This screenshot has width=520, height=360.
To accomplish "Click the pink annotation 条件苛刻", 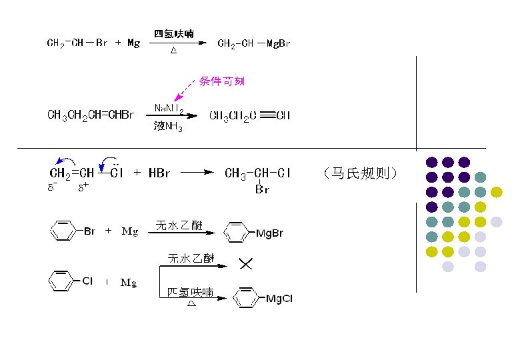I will (222, 81).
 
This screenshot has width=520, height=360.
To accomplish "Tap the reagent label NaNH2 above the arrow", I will (169, 108).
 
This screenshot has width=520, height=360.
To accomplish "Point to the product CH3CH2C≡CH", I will (249, 116).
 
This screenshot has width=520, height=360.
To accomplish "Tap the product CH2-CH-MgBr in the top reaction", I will (254, 44).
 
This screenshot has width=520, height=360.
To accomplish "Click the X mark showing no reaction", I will (245, 265).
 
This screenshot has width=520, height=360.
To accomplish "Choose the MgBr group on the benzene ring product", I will (269, 233).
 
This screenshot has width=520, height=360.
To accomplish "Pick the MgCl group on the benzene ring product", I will (279, 298).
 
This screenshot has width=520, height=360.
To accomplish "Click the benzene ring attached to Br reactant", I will (63, 231).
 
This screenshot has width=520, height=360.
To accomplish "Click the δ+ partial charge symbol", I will (83, 188).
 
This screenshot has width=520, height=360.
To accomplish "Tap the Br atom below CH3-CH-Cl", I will (261, 190).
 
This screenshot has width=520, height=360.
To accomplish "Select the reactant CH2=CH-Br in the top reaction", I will (77, 44).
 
